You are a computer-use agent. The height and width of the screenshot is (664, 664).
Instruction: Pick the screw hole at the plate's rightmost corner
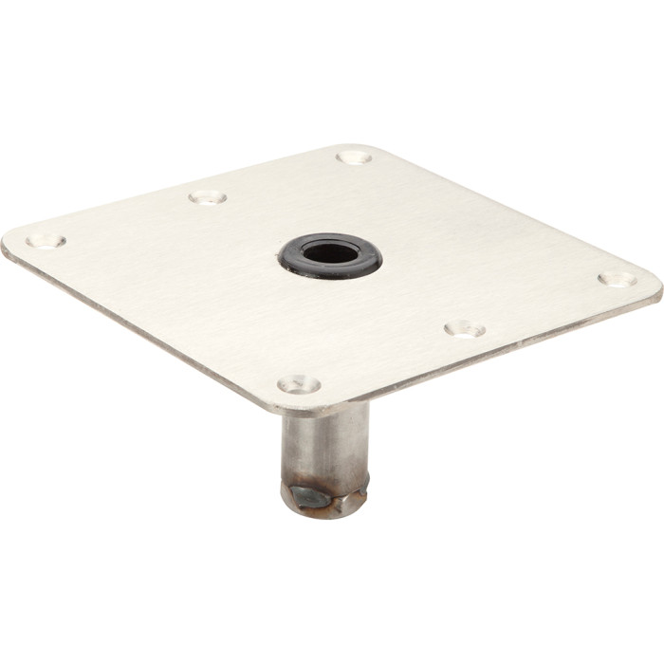(617, 280)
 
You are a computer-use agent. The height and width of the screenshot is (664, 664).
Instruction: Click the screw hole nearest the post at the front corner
(299, 384)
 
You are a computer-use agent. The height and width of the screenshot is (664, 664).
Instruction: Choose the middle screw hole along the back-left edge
(207, 196)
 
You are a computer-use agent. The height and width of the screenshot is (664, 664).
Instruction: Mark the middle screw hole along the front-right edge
(465, 329)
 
